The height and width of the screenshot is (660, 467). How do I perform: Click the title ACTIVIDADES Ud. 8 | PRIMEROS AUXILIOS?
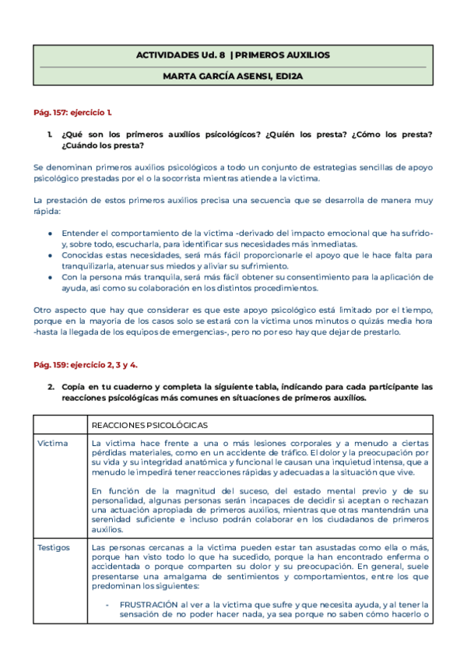point(233,56)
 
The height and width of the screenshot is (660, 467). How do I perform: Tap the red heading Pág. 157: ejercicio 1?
point(78,113)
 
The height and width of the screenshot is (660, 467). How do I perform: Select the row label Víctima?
point(54,443)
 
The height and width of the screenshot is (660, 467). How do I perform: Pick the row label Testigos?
point(55,548)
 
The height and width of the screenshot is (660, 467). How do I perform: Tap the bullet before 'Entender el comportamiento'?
point(51,233)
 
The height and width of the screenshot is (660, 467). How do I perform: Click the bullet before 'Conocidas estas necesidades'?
point(51,255)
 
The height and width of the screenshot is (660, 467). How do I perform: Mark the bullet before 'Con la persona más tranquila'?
point(51,277)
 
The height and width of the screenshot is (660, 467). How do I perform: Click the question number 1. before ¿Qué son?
point(51,135)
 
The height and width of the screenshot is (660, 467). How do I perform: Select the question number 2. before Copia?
point(51,387)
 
